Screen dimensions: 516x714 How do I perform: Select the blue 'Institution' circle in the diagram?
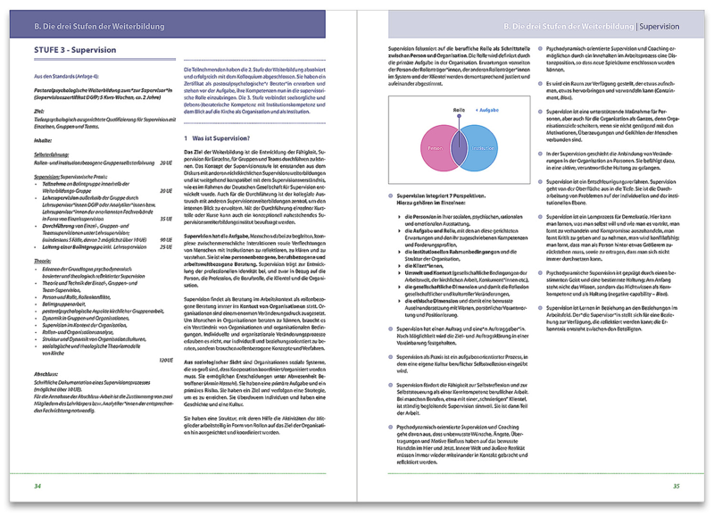click(479, 145)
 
